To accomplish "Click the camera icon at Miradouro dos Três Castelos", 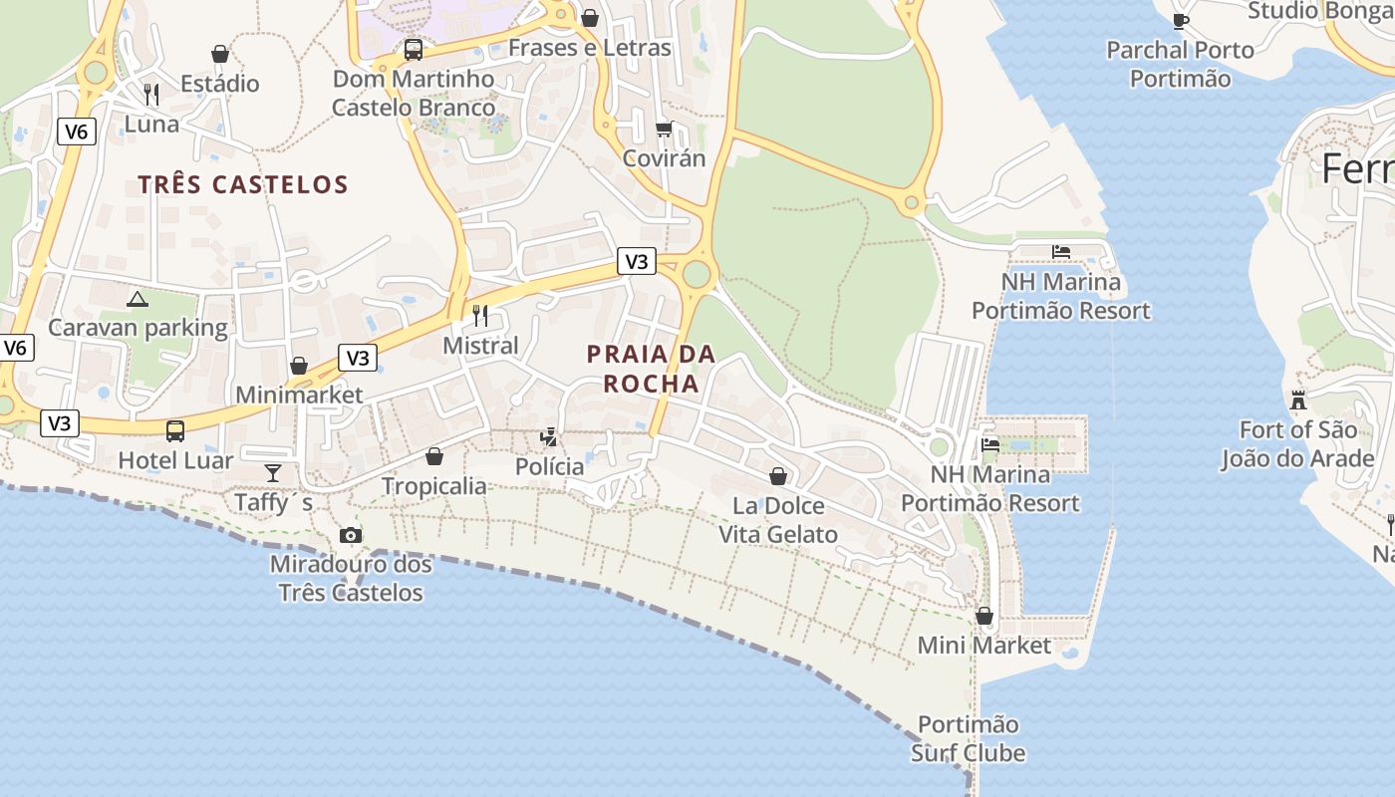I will [x=350, y=536].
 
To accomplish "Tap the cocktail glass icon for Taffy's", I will [x=273, y=472].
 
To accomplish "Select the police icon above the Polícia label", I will [x=549, y=436].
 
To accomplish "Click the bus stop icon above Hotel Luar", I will [x=175, y=430].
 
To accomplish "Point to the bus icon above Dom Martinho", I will [x=413, y=49].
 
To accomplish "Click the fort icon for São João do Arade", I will [x=1298, y=400].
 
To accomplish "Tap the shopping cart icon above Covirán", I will [x=664, y=129].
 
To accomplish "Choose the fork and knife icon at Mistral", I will [x=480, y=316].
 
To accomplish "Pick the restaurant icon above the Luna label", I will [x=151, y=95].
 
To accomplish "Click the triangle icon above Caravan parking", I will [x=138, y=298].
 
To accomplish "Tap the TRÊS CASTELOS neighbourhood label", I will [x=243, y=184].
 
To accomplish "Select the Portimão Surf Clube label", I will [x=968, y=738].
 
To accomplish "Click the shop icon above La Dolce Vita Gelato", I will [x=778, y=476].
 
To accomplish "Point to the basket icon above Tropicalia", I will [x=434, y=456].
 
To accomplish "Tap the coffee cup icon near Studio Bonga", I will [x=1181, y=20].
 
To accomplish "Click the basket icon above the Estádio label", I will [x=220, y=54].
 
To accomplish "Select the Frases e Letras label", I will [x=590, y=48].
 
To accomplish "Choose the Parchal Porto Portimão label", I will [x=1180, y=64].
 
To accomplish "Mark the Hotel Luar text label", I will [x=175, y=460].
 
